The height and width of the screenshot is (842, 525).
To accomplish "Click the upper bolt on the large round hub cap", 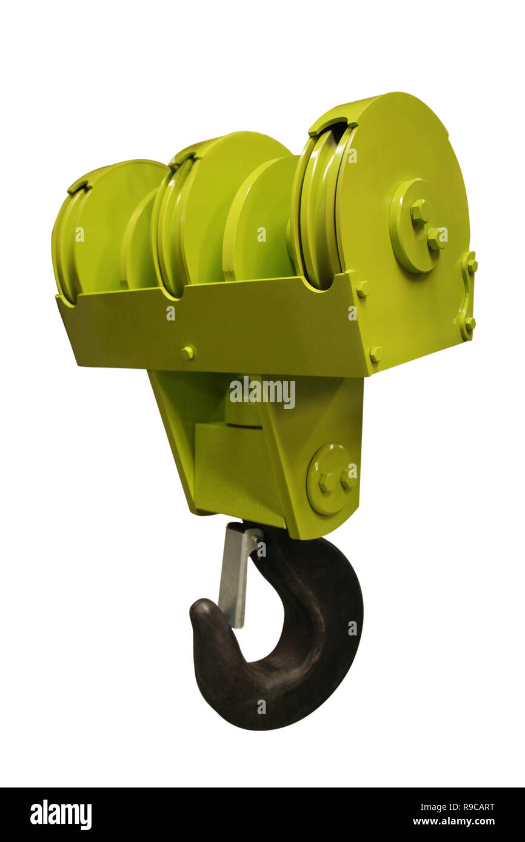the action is coord(420,211).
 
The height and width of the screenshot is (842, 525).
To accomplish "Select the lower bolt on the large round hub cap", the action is coord(435,237).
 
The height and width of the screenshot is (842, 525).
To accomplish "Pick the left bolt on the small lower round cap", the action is coord(327,480).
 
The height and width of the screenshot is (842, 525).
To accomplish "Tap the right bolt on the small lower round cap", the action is coord(346,482).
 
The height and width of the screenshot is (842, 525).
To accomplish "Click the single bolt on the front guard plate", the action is coord(188,352).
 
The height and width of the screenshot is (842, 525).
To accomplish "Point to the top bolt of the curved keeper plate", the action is coord(469,262).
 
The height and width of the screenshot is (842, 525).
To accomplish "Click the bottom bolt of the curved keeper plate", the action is coord(469,323).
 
